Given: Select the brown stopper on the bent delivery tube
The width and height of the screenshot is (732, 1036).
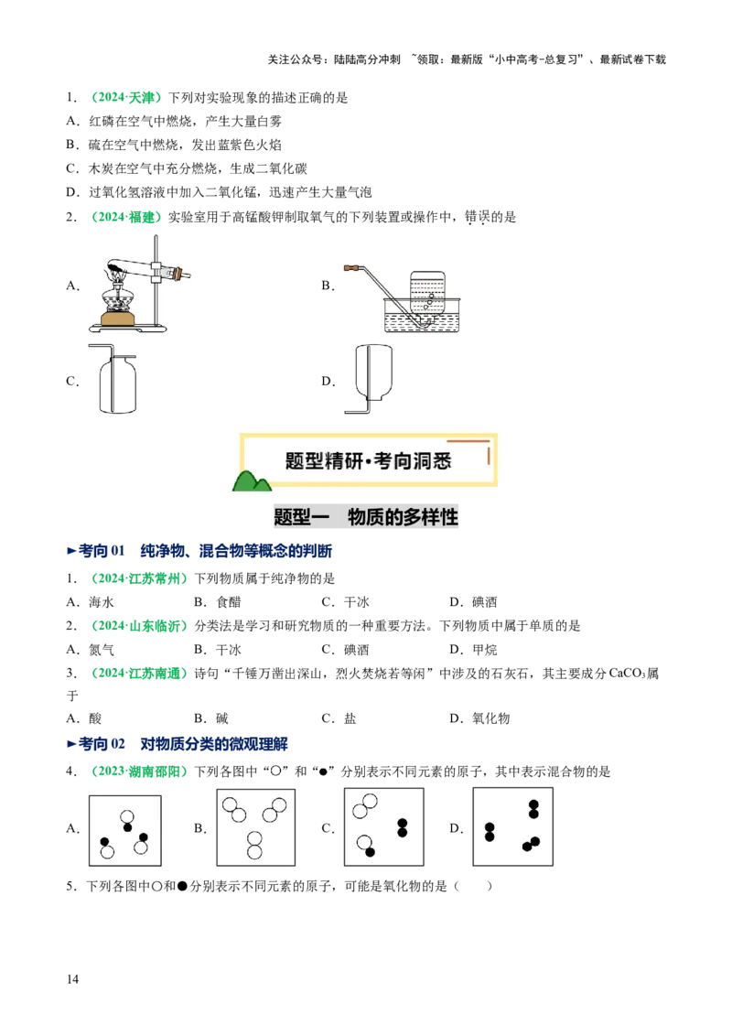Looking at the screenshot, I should click(349, 269).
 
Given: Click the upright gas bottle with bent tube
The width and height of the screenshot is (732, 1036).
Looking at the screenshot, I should click(112, 379).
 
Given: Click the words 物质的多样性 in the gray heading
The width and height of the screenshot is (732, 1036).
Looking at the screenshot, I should click(403, 518).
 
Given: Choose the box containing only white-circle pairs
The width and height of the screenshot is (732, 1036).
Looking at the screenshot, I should click(256, 826).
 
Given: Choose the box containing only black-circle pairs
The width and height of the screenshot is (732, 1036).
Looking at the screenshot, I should click(512, 826).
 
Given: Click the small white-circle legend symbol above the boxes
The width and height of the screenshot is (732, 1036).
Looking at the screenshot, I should click(275, 771).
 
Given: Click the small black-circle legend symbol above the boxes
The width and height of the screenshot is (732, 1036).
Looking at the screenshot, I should click(322, 771).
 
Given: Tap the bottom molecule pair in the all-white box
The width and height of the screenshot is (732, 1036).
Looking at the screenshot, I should click(255, 846).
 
